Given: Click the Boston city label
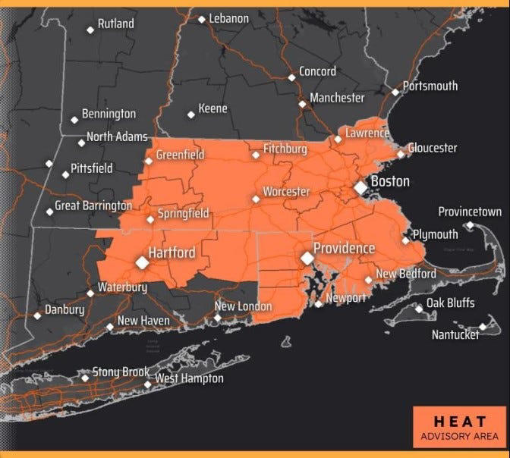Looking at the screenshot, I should tap(389, 181).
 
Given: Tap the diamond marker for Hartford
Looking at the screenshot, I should tap(142, 262).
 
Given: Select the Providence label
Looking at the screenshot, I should tap(345, 249).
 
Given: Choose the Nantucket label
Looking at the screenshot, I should tap(455, 334).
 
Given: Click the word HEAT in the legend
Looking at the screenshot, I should tap(456, 420).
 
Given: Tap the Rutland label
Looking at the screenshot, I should tap(115, 24).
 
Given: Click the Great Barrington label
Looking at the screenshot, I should tap(93, 205).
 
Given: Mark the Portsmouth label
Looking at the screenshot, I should tap(430, 86).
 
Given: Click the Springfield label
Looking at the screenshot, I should tap(182, 215).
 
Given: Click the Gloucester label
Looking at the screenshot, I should tap(433, 148).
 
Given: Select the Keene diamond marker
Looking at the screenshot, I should tap(191, 115).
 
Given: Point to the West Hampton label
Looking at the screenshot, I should tap(190, 378).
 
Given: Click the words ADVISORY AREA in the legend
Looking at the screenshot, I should tap(456, 436).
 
